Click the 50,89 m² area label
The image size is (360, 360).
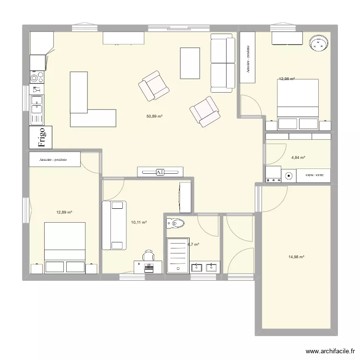(x=155, y=116)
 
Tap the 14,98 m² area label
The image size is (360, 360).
(x=297, y=257)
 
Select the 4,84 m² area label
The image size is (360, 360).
(x=298, y=157)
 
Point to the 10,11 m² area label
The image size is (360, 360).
(x=139, y=222)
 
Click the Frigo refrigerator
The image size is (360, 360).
(x=41, y=137)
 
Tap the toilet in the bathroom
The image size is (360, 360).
(x=176, y=223)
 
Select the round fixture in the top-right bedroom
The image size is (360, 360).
(x=318, y=44)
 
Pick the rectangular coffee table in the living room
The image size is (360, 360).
(x=190, y=63)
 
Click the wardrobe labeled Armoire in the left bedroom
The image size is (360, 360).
(x=54, y=160)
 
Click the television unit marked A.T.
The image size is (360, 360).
(x=160, y=171)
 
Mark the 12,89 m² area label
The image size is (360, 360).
(x=64, y=212)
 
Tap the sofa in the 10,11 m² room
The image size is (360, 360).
(x=114, y=225)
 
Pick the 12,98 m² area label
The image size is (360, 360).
(x=287, y=79)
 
